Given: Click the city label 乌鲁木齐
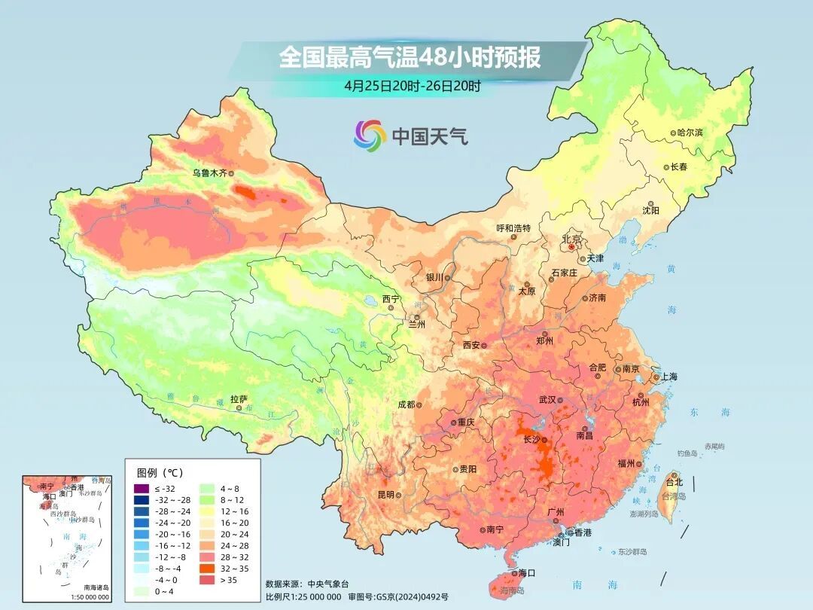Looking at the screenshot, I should (x=209, y=172).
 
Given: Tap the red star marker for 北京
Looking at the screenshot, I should (x=572, y=246).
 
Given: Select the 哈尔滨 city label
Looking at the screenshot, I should (x=690, y=132).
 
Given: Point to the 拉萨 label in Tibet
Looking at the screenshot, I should (x=239, y=398).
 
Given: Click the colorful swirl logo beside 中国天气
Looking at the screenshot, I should (x=370, y=136).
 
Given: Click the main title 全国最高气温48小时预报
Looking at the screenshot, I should (x=410, y=57).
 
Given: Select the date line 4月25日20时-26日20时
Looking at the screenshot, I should (x=413, y=85).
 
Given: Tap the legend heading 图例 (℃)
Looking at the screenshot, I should (x=160, y=472).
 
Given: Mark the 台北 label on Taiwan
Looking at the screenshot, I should (x=674, y=481).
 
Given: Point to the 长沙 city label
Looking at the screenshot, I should (x=531, y=439).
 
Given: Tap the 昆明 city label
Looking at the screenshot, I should (x=385, y=495).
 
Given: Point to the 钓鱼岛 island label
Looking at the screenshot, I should (x=688, y=453).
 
